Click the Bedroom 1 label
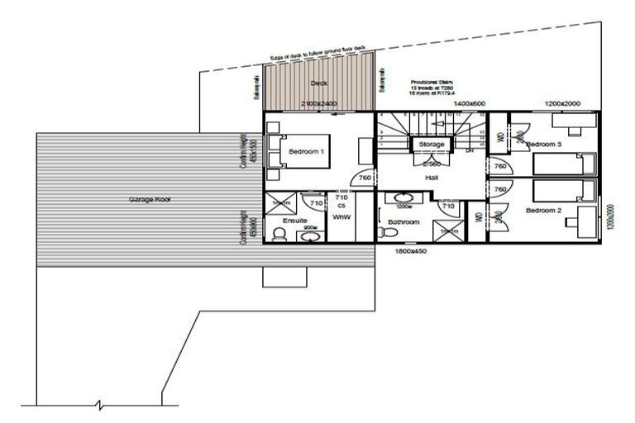coord(305,152)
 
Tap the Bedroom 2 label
coord(543,210)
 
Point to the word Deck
coord(319,83)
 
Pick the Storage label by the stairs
coord(432,145)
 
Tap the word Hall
coord(432,177)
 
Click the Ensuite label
coord(294,221)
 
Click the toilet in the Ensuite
coord(279,235)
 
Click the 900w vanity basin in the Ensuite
coord(310,237)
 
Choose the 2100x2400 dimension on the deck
coord(319,103)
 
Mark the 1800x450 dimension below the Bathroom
coord(410,250)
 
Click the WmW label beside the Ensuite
coord(341,216)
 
